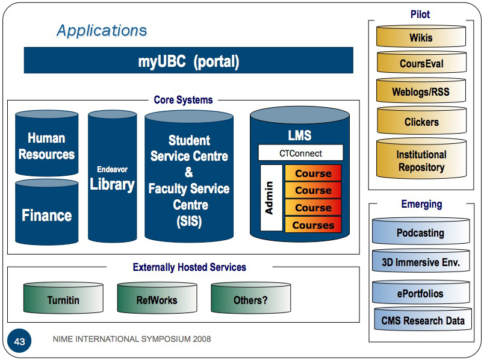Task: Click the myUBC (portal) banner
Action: click(188, 61)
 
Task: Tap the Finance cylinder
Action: click(46, 214)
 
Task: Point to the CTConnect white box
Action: click(300, 153)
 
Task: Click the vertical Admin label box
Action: click(271, 197)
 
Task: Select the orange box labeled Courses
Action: click(312, 225)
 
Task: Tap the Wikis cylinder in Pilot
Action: click(421, 37)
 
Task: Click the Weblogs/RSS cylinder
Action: click(421, 92)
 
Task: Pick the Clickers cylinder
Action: click(421, 122)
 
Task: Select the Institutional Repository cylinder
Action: click(421, 161)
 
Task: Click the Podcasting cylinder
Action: click(420, 232)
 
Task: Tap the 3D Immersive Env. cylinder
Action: click(420, 262)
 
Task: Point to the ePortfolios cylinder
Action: click(420, 294)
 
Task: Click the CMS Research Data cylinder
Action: click(423, 320)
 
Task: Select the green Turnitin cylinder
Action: click(63, 299)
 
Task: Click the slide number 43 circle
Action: click(19, 341)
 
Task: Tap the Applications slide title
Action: click(101, 31)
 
